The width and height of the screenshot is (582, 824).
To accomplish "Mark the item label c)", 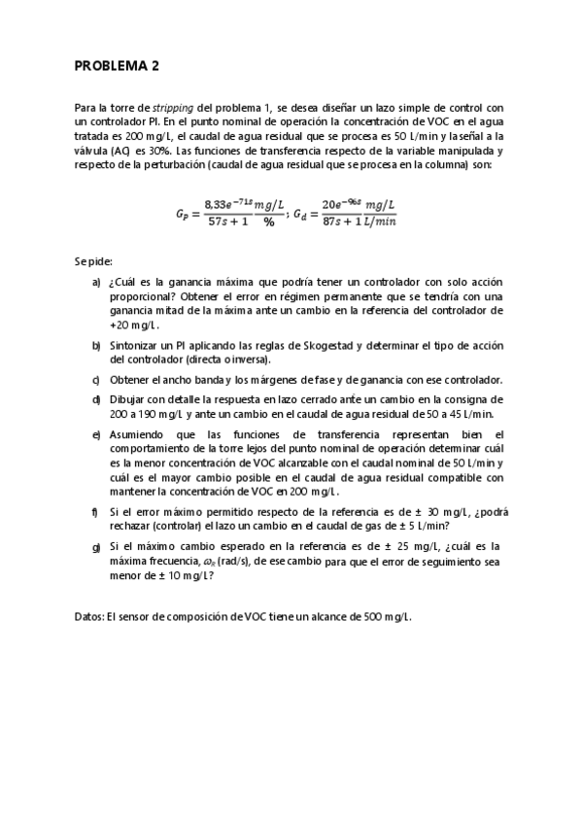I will point(97,378).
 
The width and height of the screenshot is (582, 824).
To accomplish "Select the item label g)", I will point(97,546).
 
